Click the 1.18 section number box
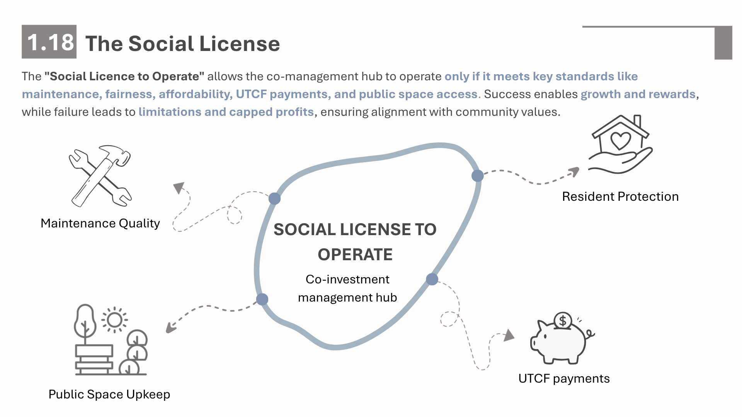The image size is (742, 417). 49,42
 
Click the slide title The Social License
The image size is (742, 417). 182,43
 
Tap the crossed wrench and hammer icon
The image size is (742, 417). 100,176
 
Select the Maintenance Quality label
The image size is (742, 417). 100,224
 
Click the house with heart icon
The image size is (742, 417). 620,144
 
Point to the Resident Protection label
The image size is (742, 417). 620,197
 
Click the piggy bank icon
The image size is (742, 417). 562,339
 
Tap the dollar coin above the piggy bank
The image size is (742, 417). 563,320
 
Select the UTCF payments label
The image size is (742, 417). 564,379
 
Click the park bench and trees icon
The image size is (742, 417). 111,340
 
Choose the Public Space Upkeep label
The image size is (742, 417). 109,395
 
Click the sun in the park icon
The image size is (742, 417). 114,320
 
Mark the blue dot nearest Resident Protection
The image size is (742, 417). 478,176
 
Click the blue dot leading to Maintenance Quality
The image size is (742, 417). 274,198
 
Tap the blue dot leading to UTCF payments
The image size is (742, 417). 432,279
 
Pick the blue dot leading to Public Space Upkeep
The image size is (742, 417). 262,299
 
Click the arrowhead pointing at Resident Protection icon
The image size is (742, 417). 575,171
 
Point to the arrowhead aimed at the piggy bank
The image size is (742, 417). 509,335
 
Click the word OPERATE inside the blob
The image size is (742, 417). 355,255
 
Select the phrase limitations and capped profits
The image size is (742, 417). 226,112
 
